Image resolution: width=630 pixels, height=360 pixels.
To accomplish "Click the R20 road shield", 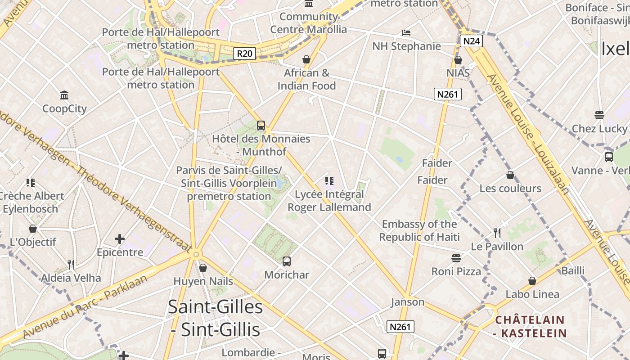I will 245,54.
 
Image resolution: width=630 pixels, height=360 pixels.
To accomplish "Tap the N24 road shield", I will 471,41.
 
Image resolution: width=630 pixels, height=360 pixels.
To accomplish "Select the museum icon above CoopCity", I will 64,95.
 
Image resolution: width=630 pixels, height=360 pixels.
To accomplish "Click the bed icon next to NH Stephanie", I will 406,32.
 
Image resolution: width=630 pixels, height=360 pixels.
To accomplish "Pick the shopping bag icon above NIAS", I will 458,60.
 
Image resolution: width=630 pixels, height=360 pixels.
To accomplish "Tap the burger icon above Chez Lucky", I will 599,115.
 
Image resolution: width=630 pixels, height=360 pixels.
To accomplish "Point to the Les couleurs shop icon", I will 510,175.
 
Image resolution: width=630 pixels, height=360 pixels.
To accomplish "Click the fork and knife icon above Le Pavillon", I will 497,233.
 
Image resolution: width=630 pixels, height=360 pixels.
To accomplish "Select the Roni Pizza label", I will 456,271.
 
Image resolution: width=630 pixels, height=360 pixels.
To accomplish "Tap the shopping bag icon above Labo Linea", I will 532,281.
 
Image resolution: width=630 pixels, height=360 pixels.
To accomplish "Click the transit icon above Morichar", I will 287,261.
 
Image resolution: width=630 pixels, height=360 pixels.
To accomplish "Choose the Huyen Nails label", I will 203,281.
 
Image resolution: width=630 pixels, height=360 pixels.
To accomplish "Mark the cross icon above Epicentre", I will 120,239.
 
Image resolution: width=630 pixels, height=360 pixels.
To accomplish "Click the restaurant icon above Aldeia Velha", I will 71,264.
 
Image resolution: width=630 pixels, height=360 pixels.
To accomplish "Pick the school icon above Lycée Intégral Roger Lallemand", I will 329,181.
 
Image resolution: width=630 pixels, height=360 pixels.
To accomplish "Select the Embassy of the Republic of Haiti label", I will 419,230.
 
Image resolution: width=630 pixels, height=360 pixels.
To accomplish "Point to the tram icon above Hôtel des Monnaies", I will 261,126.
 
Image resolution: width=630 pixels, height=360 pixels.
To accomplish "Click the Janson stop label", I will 408,302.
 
